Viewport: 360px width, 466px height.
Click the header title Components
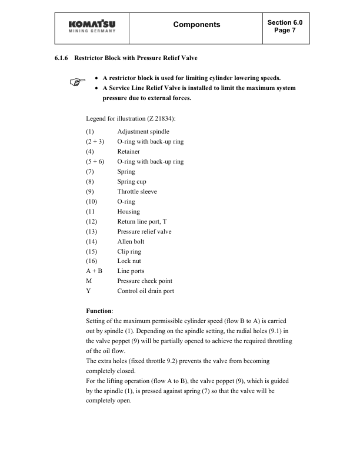196,25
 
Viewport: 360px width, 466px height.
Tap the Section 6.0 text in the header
285,22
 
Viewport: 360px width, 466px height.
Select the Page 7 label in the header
285,30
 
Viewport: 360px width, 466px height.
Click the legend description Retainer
128,152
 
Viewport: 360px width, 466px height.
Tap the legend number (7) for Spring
91,172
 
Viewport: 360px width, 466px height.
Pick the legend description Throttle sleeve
136,192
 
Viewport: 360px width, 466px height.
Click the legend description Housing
128,212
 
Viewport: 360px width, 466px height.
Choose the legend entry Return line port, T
142,222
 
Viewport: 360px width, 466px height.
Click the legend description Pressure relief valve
144,232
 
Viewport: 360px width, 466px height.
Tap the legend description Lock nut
129,261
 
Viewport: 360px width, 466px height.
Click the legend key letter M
88,281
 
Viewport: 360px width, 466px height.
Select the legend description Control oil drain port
145,291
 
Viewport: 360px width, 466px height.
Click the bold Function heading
99,311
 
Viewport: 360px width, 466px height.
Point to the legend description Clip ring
129,252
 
